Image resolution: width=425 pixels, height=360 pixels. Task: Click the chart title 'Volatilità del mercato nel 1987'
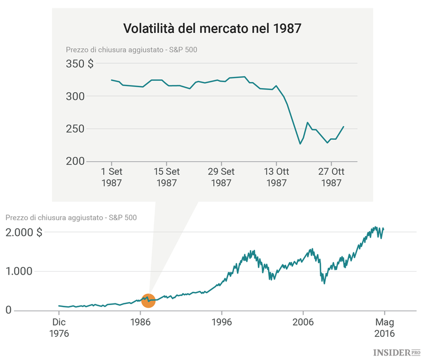pos(212,28)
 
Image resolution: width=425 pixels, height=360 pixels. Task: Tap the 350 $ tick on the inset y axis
pos(79,64)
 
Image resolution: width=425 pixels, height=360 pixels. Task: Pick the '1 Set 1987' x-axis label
pos(111,177)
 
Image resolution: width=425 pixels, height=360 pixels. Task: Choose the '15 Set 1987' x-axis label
pos(167,177)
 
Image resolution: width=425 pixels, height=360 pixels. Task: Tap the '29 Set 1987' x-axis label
pos(221,177)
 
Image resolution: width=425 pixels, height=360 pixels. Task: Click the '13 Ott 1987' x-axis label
pos(276,177)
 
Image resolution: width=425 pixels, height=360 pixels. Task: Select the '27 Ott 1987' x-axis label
pos(331,177)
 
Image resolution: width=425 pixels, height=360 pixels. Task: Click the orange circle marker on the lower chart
pos(148,300)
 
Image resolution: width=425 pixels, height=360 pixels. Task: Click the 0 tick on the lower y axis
pos(9,310)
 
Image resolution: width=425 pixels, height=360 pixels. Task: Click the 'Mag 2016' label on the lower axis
pos(384,328)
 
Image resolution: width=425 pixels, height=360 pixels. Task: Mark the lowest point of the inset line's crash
pos(300,144)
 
